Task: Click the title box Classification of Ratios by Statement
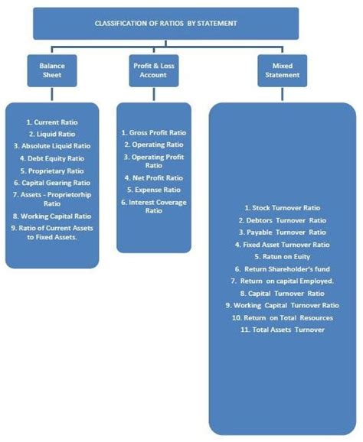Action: pos(165,24)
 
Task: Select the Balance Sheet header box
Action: pos(52,70)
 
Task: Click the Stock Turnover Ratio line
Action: pos(282,208)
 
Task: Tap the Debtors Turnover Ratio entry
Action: pos(282,220)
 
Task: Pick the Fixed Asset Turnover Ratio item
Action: pos(282,245)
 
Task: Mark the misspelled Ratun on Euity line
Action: pos(282,257)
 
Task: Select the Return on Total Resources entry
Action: pos(282,317)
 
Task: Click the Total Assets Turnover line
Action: pos(282,330)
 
